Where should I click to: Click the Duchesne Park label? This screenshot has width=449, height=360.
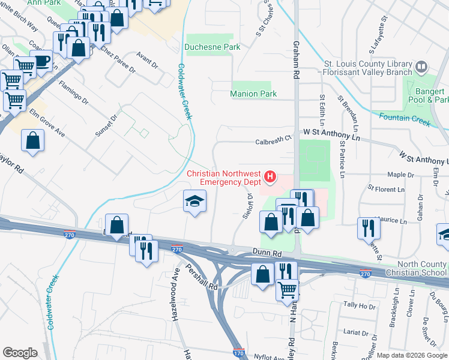click(212, 47)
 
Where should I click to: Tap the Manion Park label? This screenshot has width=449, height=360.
click(253, 94)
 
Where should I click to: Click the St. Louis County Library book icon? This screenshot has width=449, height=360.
click(421, 65)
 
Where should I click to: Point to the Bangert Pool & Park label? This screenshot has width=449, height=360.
click(427, 95)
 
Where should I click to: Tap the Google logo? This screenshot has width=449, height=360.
click(20, 353)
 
